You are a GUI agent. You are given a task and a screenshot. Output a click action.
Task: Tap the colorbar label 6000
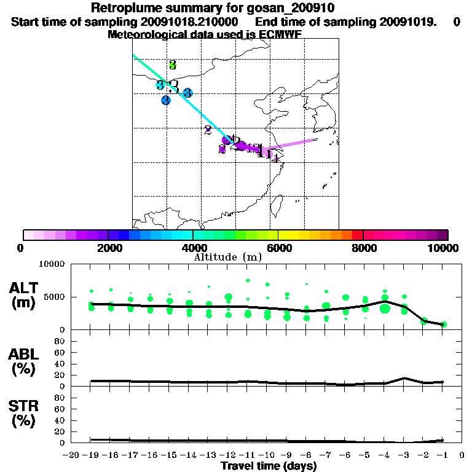[278, 248]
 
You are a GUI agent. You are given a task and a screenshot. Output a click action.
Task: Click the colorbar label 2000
[108, 248]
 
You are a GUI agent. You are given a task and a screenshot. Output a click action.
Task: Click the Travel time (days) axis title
[269, 466]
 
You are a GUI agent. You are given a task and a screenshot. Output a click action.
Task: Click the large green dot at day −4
[385, 308]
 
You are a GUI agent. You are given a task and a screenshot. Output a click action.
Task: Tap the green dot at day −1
[443, 324]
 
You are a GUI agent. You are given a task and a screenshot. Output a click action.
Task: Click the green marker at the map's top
[173, 65]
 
